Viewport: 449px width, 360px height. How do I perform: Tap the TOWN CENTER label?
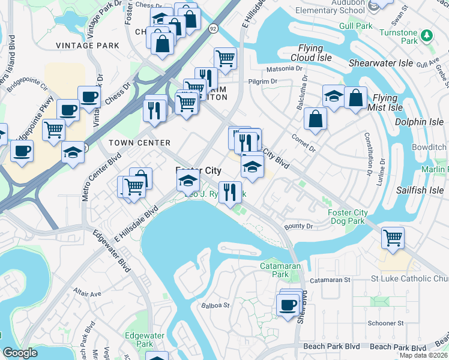point(139,143)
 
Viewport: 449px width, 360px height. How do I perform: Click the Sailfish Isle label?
point(420,190)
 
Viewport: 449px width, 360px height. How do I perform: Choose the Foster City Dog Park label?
point(348,217)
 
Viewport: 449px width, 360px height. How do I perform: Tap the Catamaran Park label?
point(275,270)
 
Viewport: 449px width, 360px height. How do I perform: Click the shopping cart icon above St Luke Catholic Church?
point(393,237)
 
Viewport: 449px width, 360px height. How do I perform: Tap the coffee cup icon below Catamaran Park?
point(288,304)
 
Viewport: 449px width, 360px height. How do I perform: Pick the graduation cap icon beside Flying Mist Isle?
point(333,96)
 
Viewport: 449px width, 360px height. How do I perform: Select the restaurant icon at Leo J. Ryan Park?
point(230,193)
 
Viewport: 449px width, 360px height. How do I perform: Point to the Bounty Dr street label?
point(299,226)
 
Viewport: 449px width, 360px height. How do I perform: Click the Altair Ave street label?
point(87,294)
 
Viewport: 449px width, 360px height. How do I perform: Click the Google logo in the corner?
point(20,353)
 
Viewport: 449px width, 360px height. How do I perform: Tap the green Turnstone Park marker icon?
point(427,35)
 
